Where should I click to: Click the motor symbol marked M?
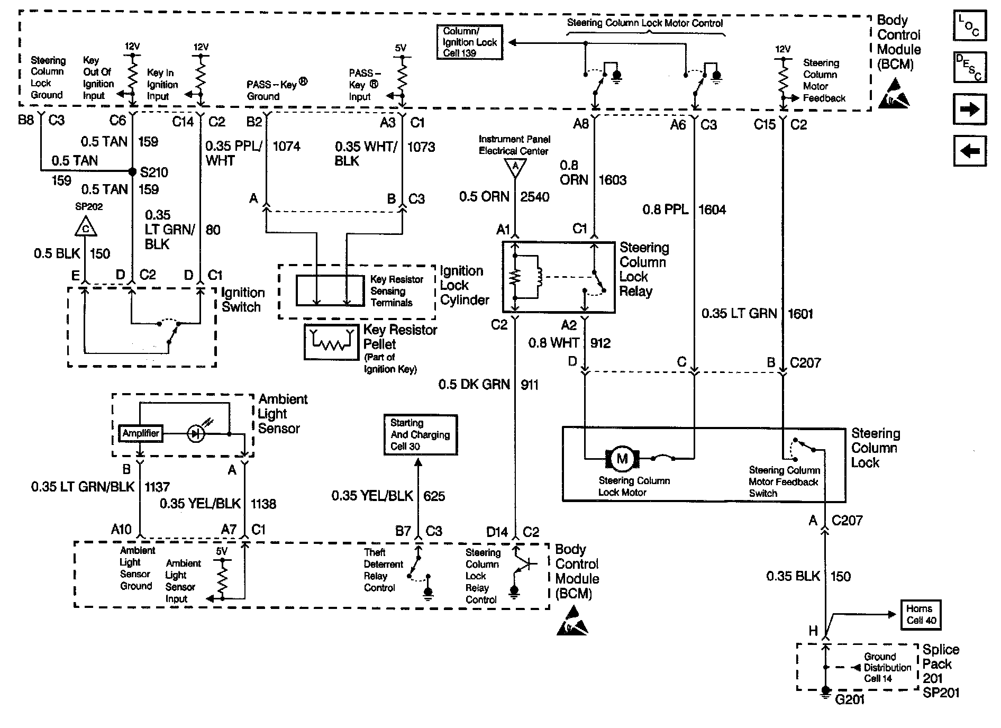tap(622, 458)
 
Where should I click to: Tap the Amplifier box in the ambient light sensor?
tap(140, 433)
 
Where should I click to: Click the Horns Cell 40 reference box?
tap(921, 615)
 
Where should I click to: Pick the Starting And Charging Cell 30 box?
tap(420, 435)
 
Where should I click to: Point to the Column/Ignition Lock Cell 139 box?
tap(470, 42)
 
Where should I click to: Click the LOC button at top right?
tap(969, 25)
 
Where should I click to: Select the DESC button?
tap(969, 67)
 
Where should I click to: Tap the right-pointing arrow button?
tap(969, 109)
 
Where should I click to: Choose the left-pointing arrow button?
tap(969, 151)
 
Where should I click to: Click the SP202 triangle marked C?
tap(86, 227)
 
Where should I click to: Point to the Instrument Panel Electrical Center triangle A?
tap(515, 168)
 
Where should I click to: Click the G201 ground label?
tap(850, 699)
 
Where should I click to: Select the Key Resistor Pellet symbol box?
tap(331, 342)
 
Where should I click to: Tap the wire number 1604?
tap(712, 210)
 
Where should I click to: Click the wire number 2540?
tap(535, 197)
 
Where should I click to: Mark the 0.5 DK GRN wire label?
tap(474, 385)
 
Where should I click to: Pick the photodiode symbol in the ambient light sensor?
tap(196, 434)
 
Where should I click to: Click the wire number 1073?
tap(421, 147)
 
